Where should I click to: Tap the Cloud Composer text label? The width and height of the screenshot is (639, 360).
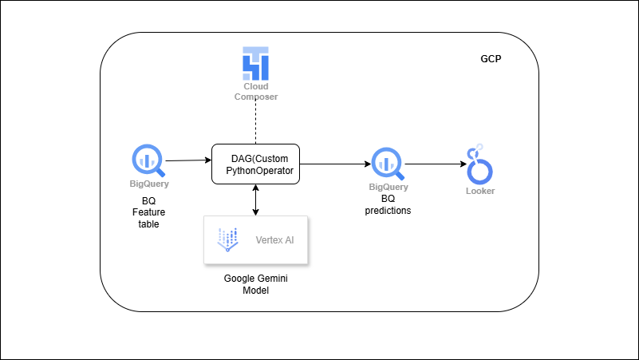click(256, 91)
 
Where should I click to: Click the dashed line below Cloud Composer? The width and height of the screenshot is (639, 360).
click(256, 123)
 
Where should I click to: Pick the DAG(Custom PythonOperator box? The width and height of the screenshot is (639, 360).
click(256, 164)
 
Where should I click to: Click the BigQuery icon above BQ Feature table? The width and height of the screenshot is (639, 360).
click(149, 160)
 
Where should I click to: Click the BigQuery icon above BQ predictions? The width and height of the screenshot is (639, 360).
click(389, 164)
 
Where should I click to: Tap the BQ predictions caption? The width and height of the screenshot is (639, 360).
click(389, 205)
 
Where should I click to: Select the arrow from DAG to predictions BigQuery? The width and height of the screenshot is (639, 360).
click(335, 164)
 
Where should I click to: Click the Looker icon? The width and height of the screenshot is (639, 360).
click(479, 164)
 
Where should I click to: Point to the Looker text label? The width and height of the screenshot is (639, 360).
click(479, 191)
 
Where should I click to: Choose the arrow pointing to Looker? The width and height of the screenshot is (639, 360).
click(436, 164)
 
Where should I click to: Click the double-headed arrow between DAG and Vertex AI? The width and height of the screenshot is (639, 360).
click(255, 200)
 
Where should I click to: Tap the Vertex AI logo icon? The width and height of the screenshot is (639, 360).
click(228, 239)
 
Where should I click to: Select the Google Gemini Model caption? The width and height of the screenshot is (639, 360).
click(256, 285)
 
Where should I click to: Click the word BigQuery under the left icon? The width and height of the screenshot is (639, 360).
click(149, 184)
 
